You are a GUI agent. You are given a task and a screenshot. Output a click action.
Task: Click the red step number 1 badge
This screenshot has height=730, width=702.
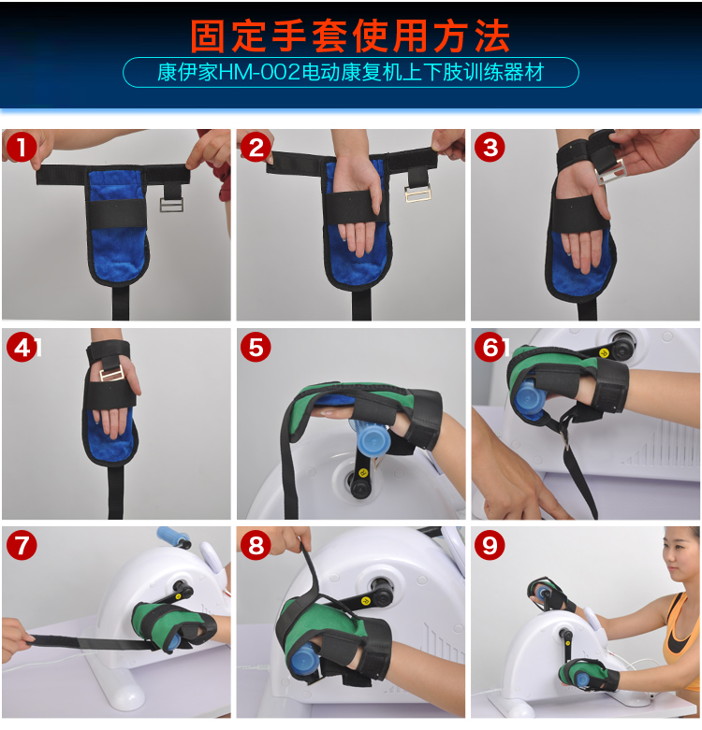[22, 147]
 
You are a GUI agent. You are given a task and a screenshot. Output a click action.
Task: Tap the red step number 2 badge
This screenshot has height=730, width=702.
[256, 147]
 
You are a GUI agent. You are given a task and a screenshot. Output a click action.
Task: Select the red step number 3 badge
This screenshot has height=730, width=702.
[490, 147]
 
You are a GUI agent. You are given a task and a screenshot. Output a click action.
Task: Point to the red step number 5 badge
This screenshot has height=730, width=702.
[256, 347]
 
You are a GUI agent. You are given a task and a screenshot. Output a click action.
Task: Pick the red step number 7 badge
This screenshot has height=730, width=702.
[22, 545]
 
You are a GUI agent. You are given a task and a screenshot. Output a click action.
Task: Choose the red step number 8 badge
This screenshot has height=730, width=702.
[256, 545]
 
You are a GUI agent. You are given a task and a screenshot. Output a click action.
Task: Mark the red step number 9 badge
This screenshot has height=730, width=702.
[490, 545]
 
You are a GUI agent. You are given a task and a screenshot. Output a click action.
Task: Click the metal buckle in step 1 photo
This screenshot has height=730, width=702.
[171, 205]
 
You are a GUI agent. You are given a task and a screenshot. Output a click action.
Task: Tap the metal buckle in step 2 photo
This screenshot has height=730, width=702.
[417, 193]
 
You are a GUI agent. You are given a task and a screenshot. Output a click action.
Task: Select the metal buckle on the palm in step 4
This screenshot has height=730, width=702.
[112, 373]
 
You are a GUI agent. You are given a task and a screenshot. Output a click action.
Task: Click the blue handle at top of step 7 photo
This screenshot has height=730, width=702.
[172, 537]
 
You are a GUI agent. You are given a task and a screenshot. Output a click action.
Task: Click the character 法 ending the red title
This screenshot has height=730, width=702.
[493, 36]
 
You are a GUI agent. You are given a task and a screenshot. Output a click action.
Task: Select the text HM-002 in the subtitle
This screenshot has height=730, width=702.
[259, 73]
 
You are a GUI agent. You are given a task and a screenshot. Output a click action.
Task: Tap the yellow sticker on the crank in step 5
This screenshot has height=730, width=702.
[363, 473]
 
